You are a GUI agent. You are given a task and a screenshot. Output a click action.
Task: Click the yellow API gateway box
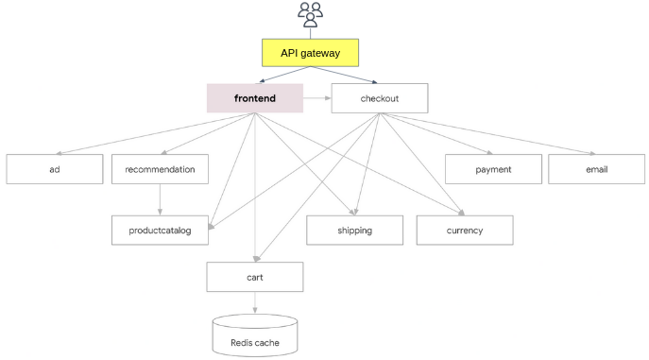click(x=311, y=53)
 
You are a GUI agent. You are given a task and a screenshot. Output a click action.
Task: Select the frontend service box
click(x=255, y=98)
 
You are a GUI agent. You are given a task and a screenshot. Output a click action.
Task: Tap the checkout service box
click(x=380, y=98)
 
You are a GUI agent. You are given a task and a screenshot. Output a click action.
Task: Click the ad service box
click(x=55, y=169)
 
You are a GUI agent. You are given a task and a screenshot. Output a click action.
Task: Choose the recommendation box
click(x=160, y=169)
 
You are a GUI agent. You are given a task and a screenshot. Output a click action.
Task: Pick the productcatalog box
click(x=160, y=230)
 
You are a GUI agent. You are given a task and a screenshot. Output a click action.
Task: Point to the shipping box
click(x=354, y=230)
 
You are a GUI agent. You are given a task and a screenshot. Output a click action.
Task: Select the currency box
click(x=465, y=230)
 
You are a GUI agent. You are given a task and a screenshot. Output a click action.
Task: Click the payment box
click(x=493, y=169)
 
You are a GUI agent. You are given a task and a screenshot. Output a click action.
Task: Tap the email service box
click(x=596, y=169)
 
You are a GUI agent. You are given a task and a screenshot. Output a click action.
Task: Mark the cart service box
click(x=255, y=277)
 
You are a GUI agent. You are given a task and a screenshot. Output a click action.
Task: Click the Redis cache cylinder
click(x=255, y=335)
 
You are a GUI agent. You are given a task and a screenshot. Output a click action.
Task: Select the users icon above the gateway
click(x=311, y=15)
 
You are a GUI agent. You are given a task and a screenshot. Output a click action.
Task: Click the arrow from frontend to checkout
click(x=317, y=98)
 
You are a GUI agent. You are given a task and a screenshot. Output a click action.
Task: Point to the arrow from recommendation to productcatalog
click(x=160, y=200)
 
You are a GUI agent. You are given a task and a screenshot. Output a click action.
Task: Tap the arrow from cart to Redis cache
click(x=255, y=302)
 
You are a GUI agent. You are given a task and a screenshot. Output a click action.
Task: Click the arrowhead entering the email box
click(x=592, y=153)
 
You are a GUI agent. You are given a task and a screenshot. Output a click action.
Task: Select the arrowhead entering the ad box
click(x=59, y=153)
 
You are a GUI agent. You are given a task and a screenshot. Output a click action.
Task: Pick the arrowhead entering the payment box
click(x=489, y=153)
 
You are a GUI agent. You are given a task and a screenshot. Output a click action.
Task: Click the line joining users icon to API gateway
click(x=311, y=33)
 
